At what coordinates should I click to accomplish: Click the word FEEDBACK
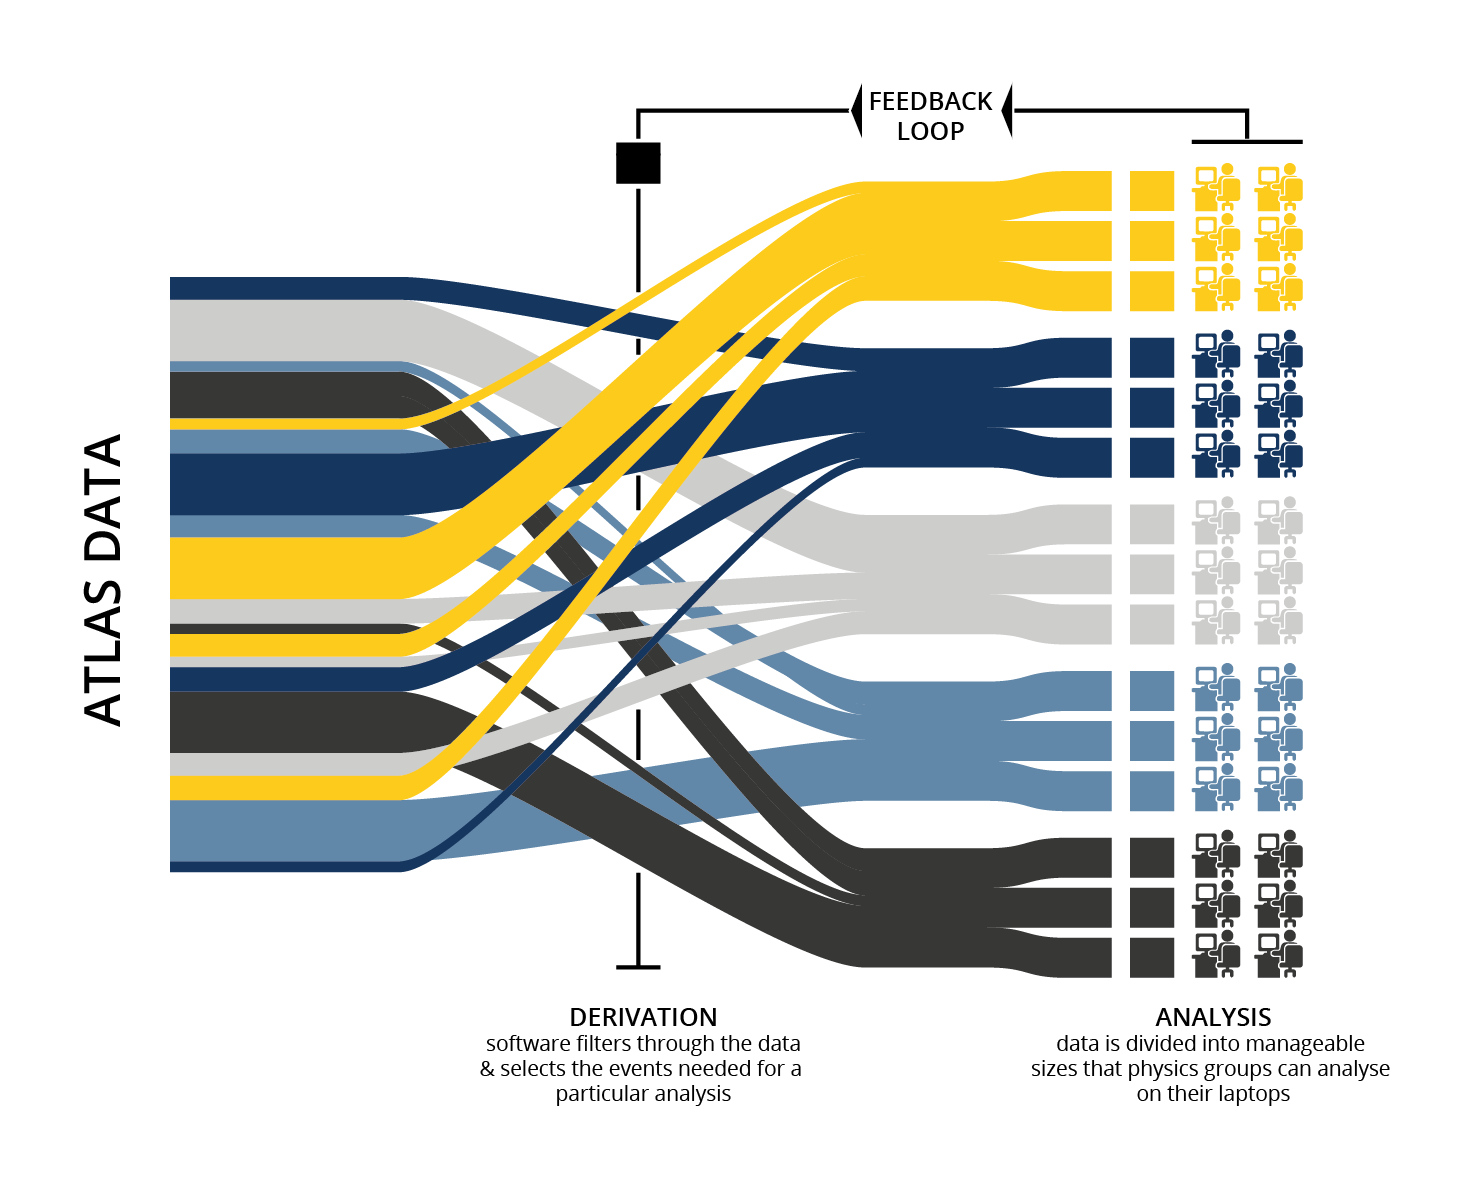click(x=930, y=102)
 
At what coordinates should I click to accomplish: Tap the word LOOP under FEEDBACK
click(x=930, y=132)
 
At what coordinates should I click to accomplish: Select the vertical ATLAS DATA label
click(x=103, y=580)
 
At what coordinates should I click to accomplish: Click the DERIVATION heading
click(x=643, y=1018)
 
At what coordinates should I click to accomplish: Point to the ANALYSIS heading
click(x=1213, y=1018)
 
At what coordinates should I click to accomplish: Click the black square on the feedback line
click(x=638, y=163)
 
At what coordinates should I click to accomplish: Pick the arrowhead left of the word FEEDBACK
click(x=856, y=110)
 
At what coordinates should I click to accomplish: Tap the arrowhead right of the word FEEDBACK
click(x=1007, y=110)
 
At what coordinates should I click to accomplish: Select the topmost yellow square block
click(x=1152, y=191)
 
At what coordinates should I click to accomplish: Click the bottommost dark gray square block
click(x=1152, y=957)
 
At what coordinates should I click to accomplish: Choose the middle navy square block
click(x=1152, y=408)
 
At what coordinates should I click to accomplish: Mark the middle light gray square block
click(x=1152, y=574)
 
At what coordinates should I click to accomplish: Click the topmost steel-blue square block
click(x=1152, y=691)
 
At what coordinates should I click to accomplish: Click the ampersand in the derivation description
click(x=487, y=1069)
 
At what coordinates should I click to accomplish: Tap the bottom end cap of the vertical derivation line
click(x=638, y=967)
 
